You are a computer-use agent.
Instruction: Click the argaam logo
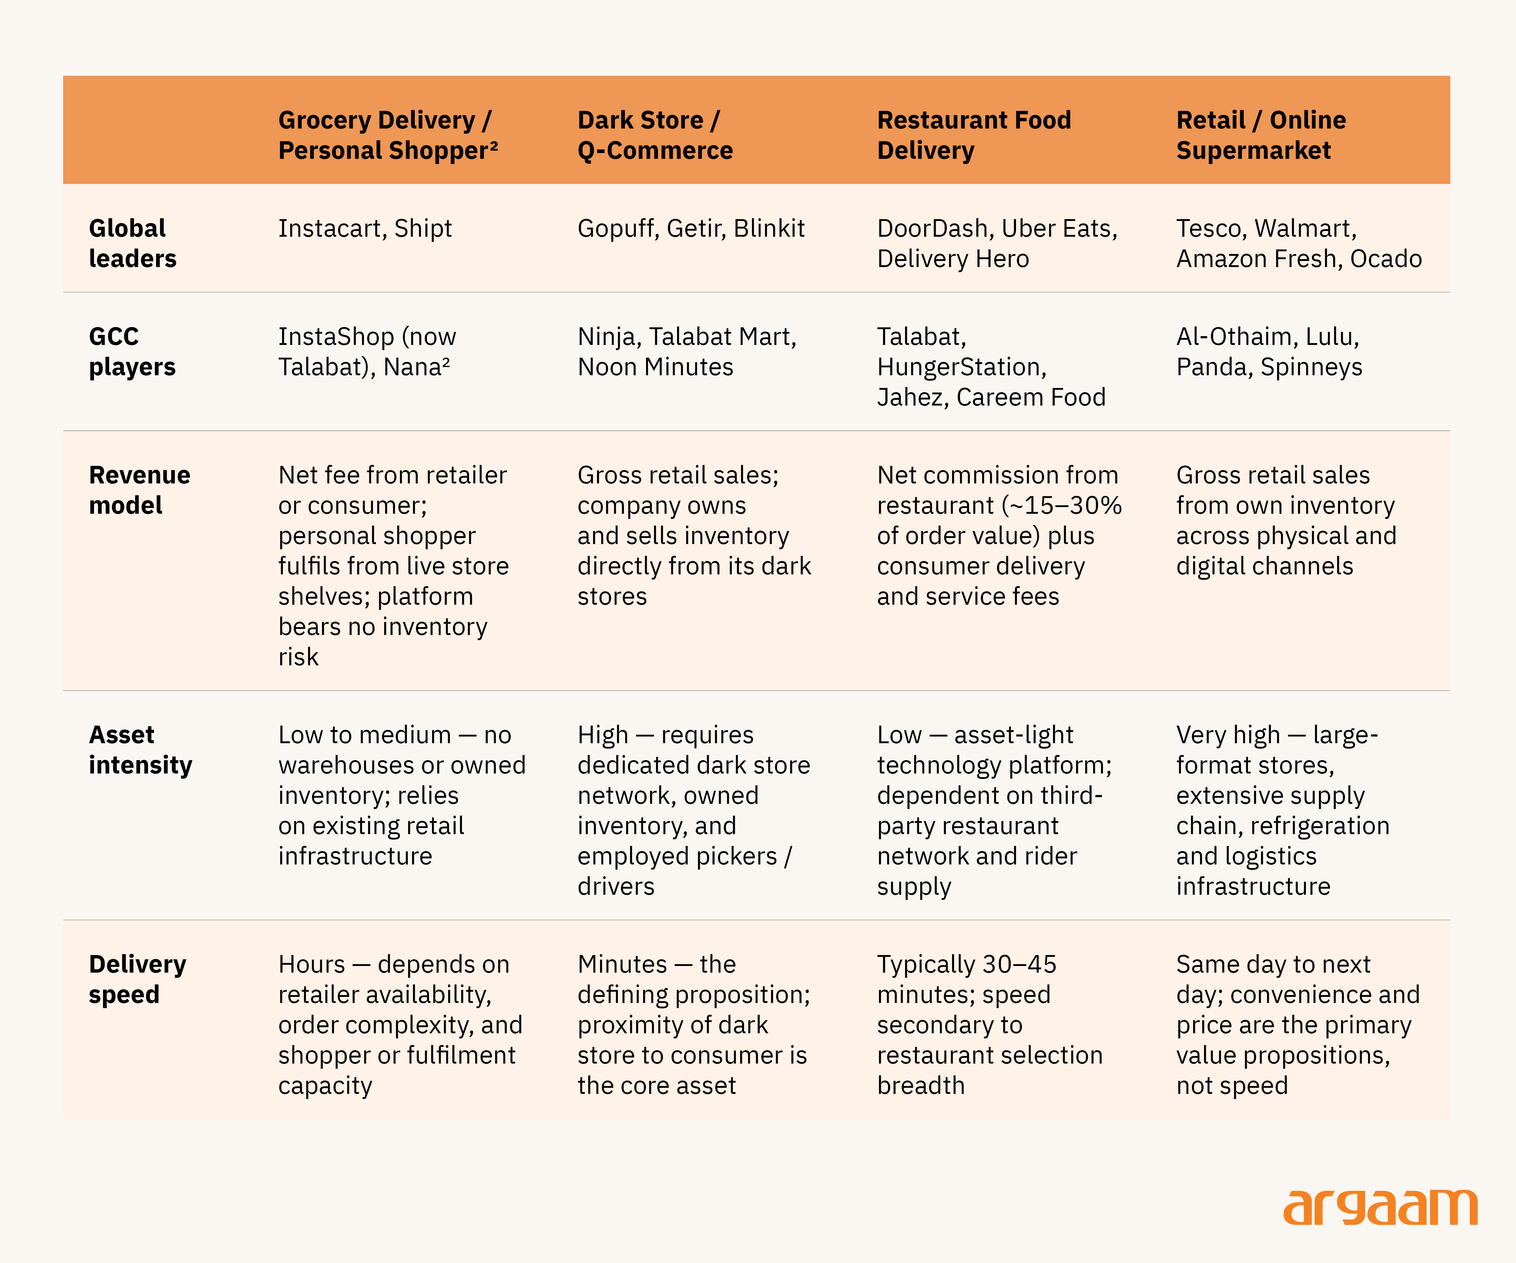tap(1380, 1208)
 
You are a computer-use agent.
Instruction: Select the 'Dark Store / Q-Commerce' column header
tap(655, 135)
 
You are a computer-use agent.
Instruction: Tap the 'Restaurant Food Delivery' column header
tap(974, 135)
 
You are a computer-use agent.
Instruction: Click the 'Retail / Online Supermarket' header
tap(1261, 135)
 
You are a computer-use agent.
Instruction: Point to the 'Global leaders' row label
tap(133, 243)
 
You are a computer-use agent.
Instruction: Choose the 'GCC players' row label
tap(132, 352)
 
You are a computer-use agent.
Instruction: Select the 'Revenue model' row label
tap(139, 490)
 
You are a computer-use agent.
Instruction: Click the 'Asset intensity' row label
tap(141, 750)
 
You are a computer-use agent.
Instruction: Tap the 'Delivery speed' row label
tap(137, 979)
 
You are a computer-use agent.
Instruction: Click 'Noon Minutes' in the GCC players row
tap(656, 367)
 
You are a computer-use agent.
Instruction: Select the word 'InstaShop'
tap(337, 337)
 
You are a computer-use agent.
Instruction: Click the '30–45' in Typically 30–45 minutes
tap(1019, 965)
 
